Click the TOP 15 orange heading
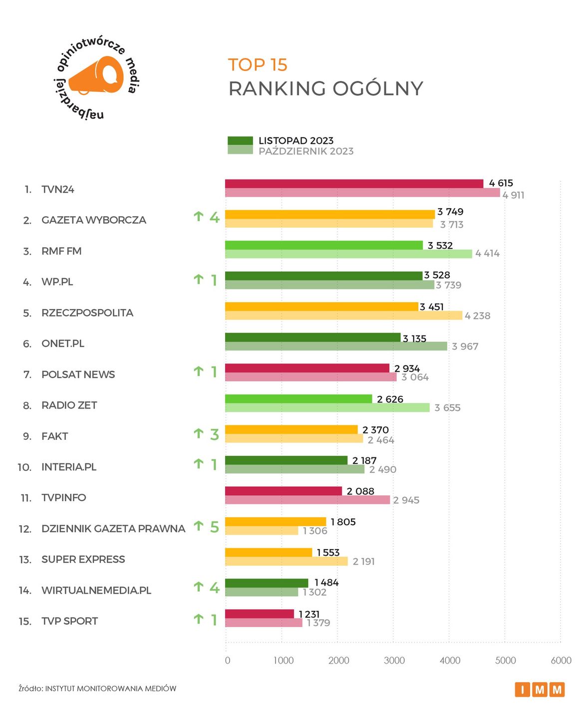[x=258, y=65]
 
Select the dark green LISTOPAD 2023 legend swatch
[x=240, y=141]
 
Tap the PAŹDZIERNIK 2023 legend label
[x=305, y=151]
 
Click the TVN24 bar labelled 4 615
[x=354, y=184]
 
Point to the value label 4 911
[x=513, y=195]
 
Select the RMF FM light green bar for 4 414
[x=348, y=254]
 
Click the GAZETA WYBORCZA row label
[x=94, y=220]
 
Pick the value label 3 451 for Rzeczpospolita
[x=432, y=307]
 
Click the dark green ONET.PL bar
[x=312, y=338]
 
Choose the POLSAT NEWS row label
[x=78, y=374]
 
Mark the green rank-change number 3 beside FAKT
[x=214, y=435]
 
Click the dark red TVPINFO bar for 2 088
[x=284, y=491]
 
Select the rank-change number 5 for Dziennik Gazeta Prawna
[x=214, y=527]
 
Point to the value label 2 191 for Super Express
[x=363, y=562]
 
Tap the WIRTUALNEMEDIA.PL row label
[x=96, y=590]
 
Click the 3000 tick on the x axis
[x=394, y=661]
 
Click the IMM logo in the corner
[x=540, y=690]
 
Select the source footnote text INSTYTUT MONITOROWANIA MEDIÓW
[x=110, y=689]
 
